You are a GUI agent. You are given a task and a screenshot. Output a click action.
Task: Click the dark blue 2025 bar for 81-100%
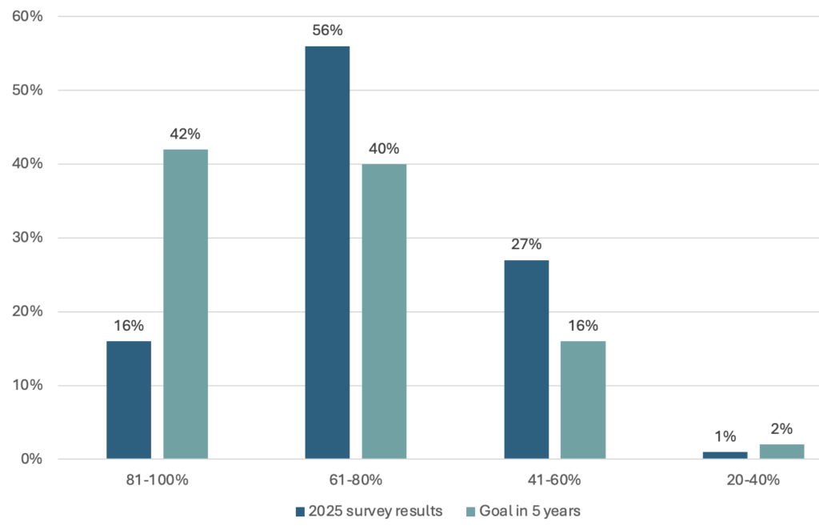tap(129, 400)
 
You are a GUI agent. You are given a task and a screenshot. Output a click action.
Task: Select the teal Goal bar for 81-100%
tap(186, 304)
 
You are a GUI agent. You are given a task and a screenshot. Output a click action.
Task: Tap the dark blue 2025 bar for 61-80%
tap(327, 252)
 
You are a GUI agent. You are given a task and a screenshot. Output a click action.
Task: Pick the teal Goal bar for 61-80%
tap(384, 311)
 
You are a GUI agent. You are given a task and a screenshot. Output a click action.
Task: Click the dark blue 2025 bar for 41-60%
tap(526, 359)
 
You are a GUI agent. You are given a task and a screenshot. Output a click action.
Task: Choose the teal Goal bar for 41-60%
tap(583, 400)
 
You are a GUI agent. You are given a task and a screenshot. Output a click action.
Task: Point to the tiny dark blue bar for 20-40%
tap(725, 456)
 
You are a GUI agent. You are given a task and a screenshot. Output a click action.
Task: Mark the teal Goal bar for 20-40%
tap(782, 452)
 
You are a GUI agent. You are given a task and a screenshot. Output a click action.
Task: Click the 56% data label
tap(327, 30)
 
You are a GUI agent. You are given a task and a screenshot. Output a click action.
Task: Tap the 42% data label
tap(186, 134)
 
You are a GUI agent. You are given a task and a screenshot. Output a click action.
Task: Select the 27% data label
tap(526, 244)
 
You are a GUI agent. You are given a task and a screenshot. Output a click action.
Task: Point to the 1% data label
tap(725, 436)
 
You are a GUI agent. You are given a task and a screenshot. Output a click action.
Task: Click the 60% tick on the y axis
tap(28, 16)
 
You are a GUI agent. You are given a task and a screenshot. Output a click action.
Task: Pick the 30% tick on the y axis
tap(28, 238)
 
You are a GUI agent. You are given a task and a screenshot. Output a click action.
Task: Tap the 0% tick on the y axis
tap(32, 460)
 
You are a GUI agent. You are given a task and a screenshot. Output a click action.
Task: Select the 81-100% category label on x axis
tap(157, 480)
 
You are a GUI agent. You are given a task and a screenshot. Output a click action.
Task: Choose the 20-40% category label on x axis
tap(753, 480)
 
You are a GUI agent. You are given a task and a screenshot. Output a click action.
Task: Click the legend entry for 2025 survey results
tap(369, 511)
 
